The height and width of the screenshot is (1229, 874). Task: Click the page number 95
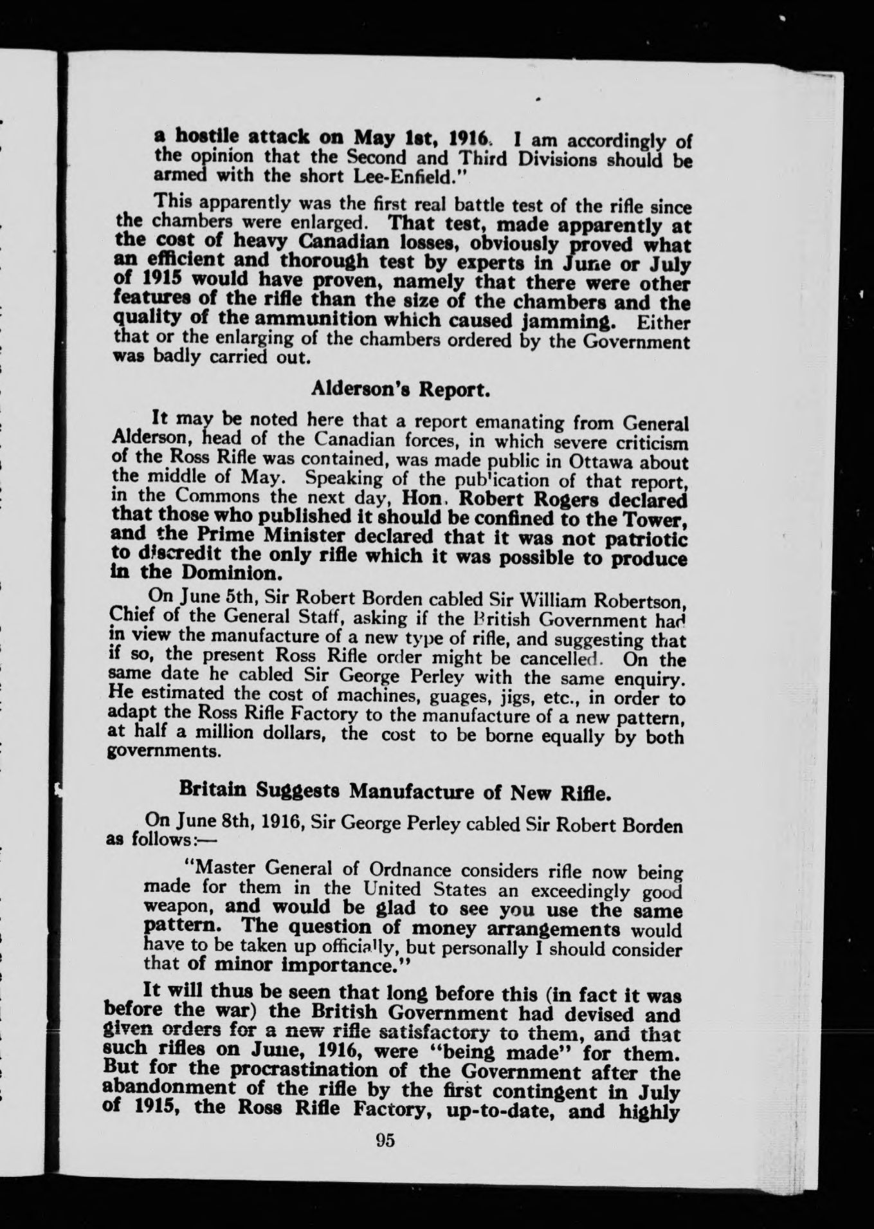385,1140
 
